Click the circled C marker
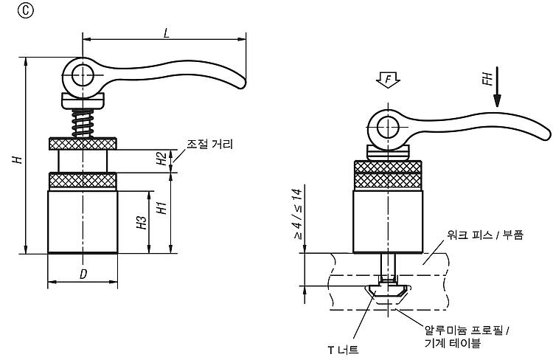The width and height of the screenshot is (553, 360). [25, 11]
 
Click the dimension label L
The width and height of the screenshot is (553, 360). [167, 32]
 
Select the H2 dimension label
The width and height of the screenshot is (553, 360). [161, 159]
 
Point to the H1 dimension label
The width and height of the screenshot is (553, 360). [161, 208]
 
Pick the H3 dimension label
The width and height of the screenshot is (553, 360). [142, 222]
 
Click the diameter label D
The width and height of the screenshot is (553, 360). [83, 274]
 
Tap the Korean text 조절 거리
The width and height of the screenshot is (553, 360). [210, 144]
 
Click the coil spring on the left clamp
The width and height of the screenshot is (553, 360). [83, 123]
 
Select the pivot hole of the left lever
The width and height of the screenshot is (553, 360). [83, 75]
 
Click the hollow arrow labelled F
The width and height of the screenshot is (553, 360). [388, 80]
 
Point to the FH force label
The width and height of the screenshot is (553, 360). [487, 79]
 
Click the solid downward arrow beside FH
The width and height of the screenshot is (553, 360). [497, 86]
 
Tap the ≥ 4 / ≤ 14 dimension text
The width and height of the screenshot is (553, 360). [297, 214]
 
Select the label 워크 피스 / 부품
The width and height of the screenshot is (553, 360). [485, 235]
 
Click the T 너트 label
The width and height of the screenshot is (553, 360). [343, 350]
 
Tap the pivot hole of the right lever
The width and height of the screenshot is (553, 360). [388, 127]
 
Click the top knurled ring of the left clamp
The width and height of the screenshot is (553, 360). [83, 144]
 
